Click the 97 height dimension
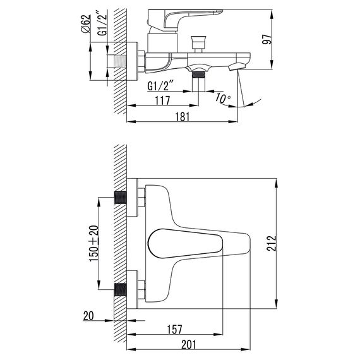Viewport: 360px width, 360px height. [x=267, y=39]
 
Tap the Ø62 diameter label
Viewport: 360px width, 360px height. [x=86, y=24]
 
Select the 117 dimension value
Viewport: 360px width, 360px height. [x=162, y=100]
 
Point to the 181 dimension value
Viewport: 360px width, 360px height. [x=183, y=116]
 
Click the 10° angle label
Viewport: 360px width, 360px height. [x=223, y=99]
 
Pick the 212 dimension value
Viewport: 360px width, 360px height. [x=272, y=243]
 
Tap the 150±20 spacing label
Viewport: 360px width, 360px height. [x=94, y=244]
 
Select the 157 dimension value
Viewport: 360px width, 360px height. [x=174, y=329]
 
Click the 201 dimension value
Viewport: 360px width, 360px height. [x=189, y=345]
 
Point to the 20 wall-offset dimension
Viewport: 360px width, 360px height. [x=88, y=316]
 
